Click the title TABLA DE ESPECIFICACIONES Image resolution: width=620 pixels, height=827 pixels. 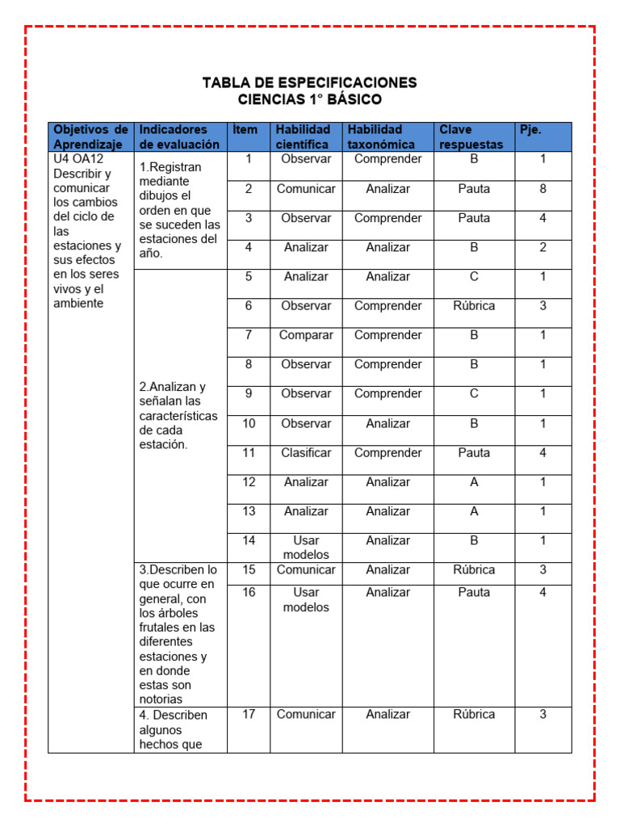[309, 82]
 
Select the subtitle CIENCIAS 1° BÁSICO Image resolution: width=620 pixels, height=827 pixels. [309, 100]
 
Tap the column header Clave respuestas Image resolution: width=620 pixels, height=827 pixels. [471, 136]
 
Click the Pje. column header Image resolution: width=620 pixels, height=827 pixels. [530, 130]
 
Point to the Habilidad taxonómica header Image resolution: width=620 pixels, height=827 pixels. [381, 136]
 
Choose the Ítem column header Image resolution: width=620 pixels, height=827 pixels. [245, 130]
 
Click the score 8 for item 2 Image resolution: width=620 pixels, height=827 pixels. [542, 189]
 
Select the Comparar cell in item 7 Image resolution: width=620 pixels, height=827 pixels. [305, 335]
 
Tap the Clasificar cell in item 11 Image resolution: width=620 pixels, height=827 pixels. [305, 453]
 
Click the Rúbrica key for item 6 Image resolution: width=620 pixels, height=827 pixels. [474, 306]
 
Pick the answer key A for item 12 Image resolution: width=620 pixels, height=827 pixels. [474, 482]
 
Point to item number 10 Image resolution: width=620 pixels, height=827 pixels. [249, 423]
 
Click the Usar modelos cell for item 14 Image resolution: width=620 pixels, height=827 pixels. [305, 548]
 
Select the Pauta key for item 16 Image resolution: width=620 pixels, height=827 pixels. [474, 592]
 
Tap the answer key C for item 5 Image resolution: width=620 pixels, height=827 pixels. [474, 276]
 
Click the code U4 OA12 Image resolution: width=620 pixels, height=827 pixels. [78, 159]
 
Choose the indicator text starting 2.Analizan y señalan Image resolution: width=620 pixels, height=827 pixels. [178, 415]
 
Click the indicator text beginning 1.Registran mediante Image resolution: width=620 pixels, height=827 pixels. [178, 209]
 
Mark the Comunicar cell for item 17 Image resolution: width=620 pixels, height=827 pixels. [305, 714]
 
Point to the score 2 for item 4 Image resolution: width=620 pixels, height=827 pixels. [542, 247]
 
